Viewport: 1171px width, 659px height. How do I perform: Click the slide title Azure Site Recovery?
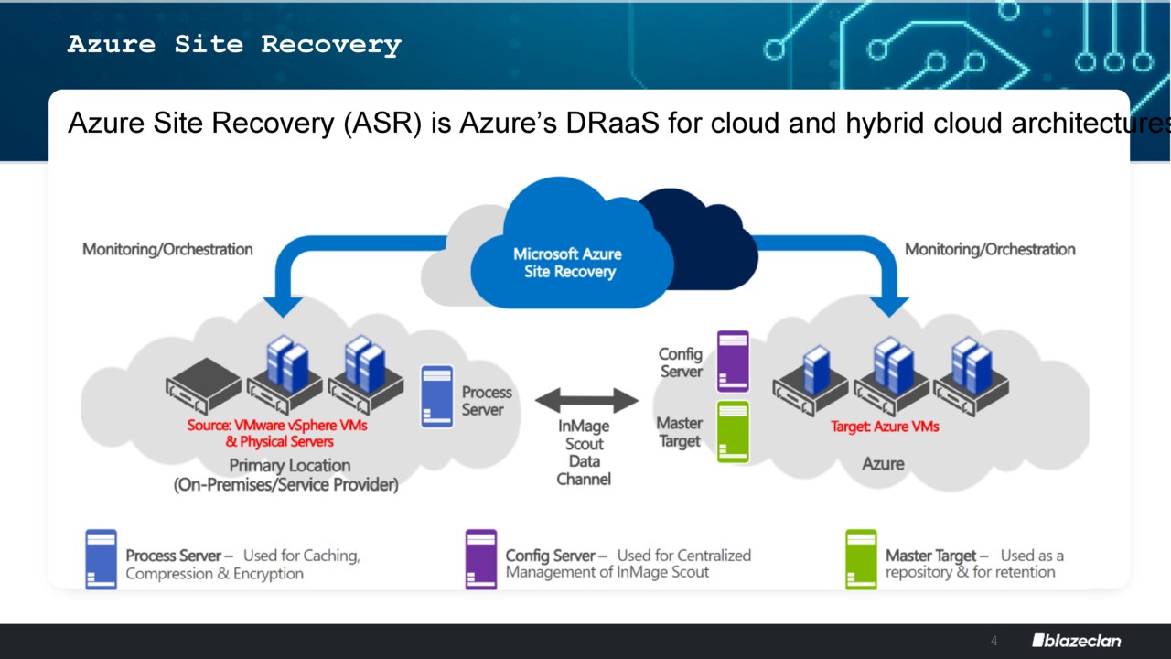click(234, 45)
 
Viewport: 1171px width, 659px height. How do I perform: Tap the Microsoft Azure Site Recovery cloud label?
click(567, 263)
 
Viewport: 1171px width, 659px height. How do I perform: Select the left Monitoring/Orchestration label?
click(167, 249)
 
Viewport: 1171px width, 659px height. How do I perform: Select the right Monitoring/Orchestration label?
click(990, 249)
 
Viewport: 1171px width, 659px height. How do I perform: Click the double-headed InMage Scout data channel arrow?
click(586, 400)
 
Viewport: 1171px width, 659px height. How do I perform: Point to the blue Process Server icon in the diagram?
click(437, 396)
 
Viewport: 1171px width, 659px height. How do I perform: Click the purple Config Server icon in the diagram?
click(733, 362)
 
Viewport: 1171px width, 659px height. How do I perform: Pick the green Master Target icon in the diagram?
click(733, 432)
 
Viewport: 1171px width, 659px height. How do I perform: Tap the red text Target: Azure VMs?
click(885, 427)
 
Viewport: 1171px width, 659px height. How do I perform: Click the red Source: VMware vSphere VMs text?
click(277, 426)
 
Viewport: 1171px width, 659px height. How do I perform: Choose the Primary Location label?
click(289, 465)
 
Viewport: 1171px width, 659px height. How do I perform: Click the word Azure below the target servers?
click(883, 464)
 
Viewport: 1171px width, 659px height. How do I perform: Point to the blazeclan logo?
click(1076, 641)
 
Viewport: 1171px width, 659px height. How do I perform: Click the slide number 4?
click(994, 641)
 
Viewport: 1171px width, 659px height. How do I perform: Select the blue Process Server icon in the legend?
click(101, 559)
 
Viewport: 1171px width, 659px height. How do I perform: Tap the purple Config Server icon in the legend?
click(481, 559)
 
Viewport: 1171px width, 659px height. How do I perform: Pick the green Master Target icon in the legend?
click(861, 559)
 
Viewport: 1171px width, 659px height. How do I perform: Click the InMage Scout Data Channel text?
click(584, 452)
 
